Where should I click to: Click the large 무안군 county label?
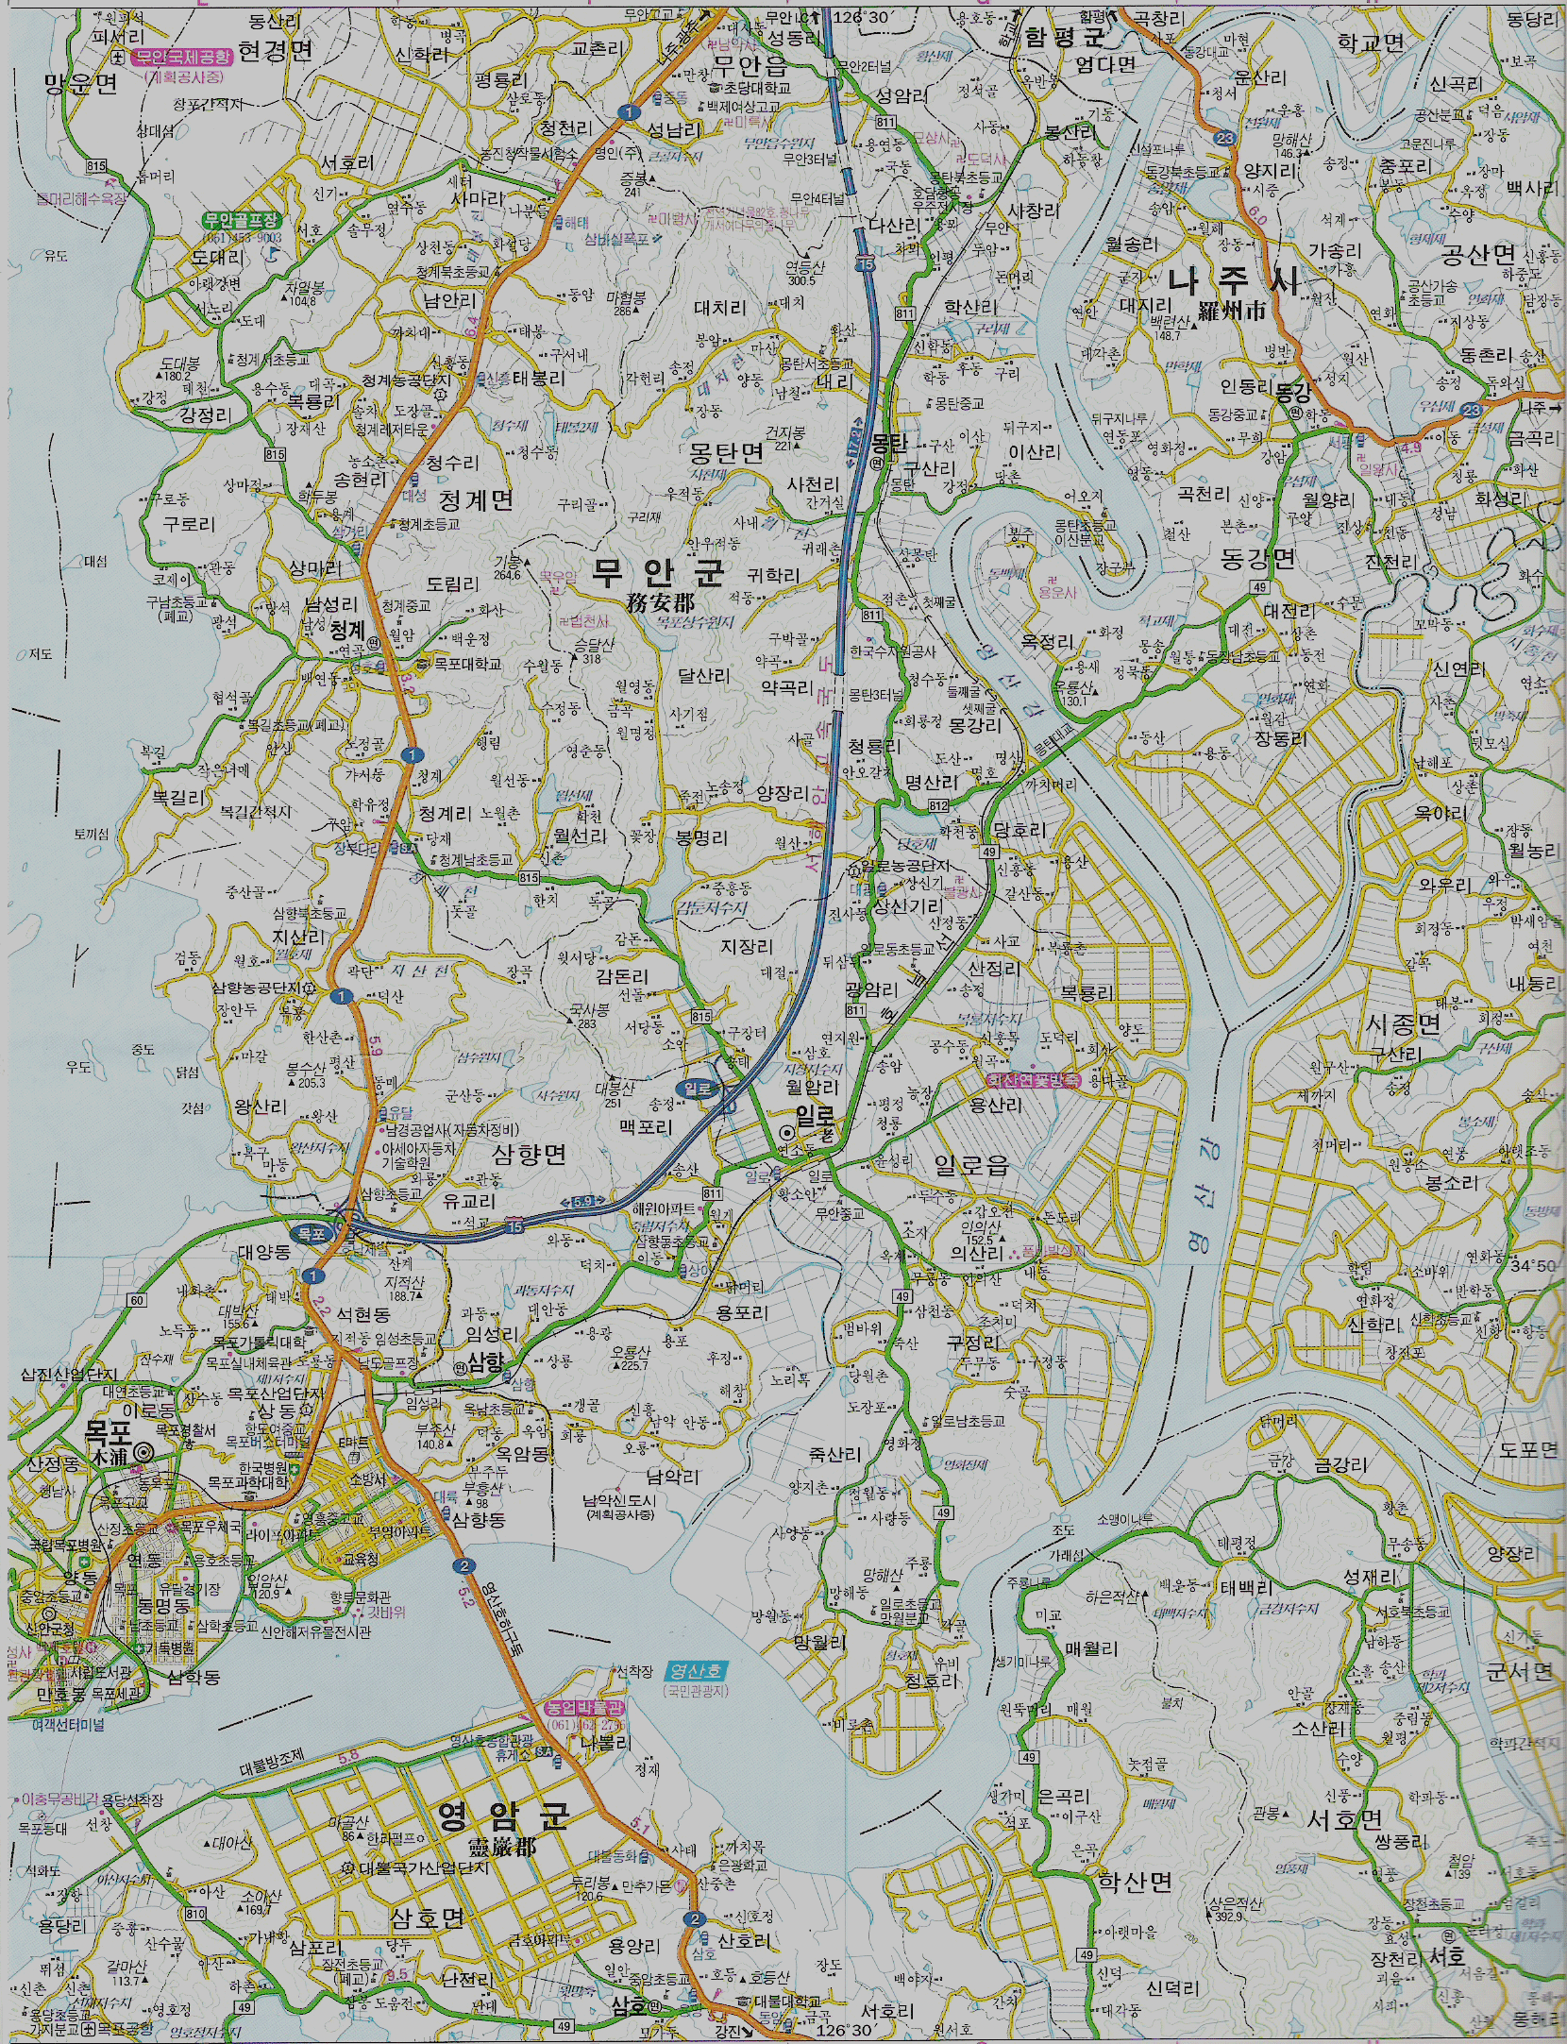pyautogui.click(x=658, y=572)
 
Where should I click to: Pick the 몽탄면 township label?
pyautogui.click(x=727, y=453)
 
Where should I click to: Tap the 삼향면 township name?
pyautogui.click(x=529, y=1154)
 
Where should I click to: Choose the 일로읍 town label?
pyautogui.click(x=972, y=1166)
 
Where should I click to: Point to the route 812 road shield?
pyautogui.click(x=937, y=805)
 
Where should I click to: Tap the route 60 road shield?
pyautogui.click(x=138, y=1301)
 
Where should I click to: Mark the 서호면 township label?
pyautogui.click(x=1344, y=1818)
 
